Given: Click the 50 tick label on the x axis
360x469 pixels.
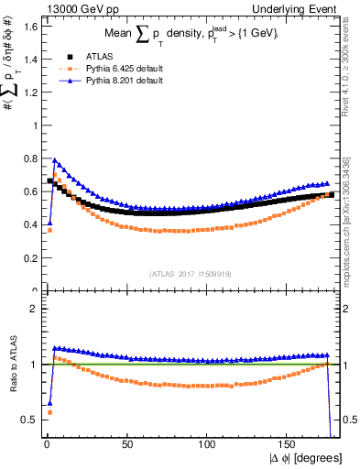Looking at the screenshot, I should pyautogui.click(x=127, y=444).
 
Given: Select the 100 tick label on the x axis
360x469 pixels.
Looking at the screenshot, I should pyautogui.click(x=208, y=444).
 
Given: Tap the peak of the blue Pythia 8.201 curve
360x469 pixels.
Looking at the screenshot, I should pyautogui.click(x=54, y=159).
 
